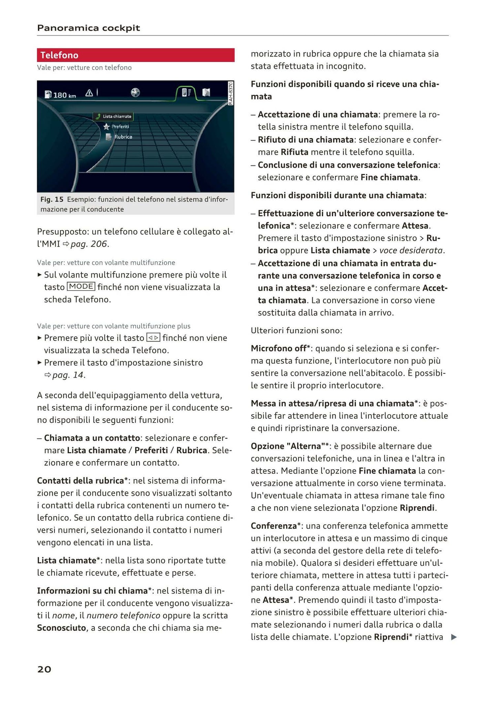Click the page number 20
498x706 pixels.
coord(44,669)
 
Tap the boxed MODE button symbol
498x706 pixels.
coord(81,287)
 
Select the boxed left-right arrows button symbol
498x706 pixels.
coord(153,338)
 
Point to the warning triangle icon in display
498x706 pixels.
coord(89,93)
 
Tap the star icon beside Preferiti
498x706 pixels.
coord(106,127)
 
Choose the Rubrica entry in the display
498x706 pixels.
coord(123,137)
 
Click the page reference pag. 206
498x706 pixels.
coord(90,244)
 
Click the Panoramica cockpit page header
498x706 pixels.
coord(88,28)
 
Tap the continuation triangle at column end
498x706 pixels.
coord(454,637)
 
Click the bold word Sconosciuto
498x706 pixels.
coord(61,628)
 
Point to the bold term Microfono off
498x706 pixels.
coord(278,349)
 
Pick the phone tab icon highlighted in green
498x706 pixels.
coord(185,92)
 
